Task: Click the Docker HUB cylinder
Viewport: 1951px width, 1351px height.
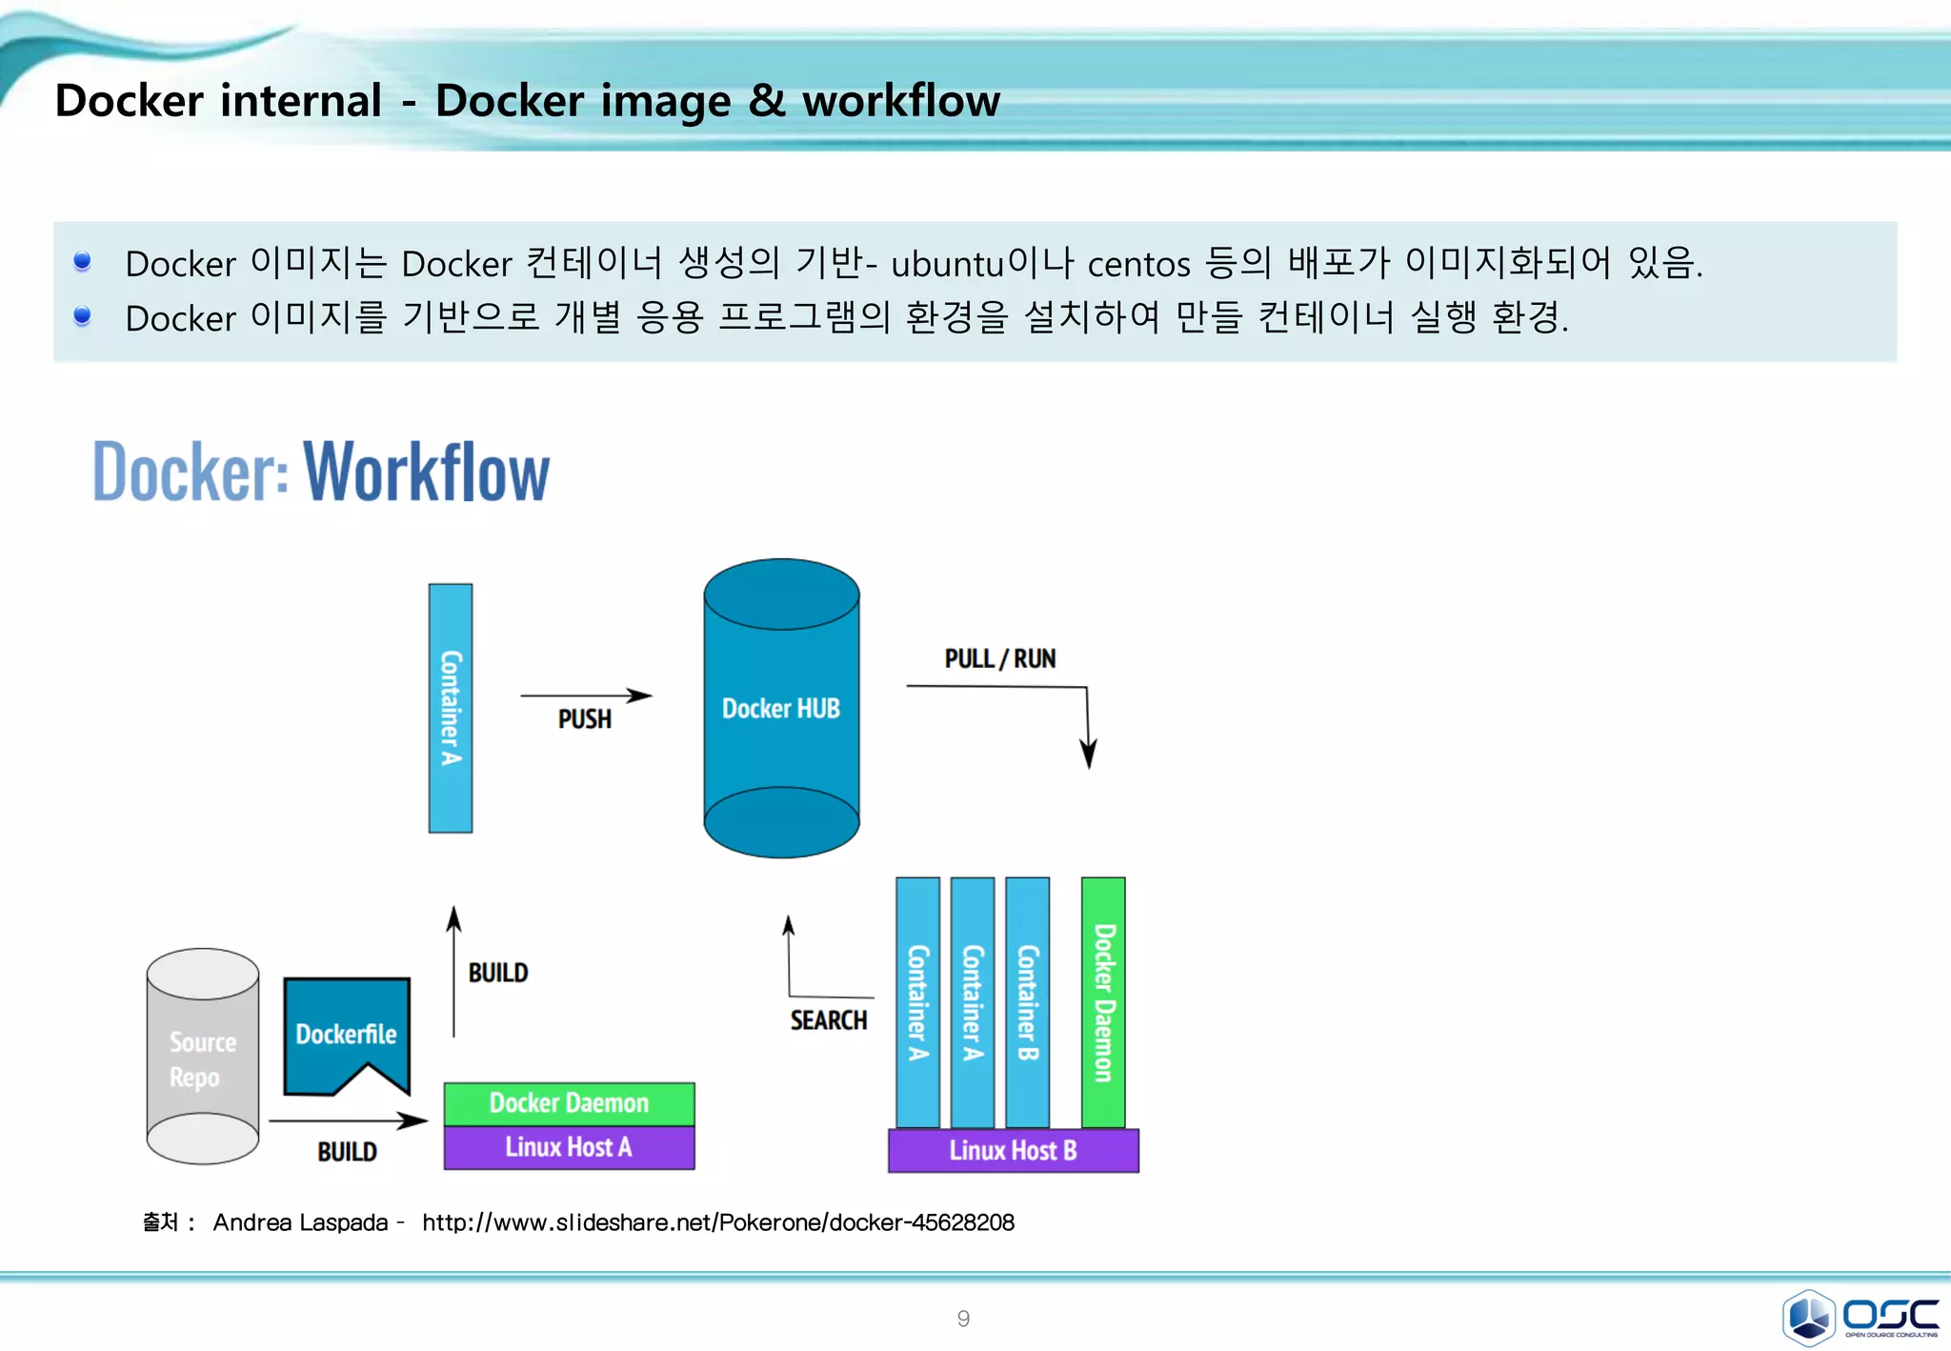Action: pyautogui.click(x=781, y=708)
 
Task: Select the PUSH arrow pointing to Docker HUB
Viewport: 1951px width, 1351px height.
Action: pyautogui.click(x=585, y=696)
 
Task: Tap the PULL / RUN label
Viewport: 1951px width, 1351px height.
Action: pyautogui.click(x=999, y=658)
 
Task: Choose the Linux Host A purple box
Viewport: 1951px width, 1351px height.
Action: pyautogui.click(x=569, y=1147)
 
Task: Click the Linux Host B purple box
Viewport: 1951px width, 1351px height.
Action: pyautogui.click(x=1013, y=1150)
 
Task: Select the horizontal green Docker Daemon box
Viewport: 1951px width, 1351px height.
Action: pyautogui.click(x=569, y=1103)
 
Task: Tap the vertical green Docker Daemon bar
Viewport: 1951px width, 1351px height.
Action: pyautogui.click(x=1103, y=1002)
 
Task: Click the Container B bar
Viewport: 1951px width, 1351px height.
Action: pyautogui.click(x=1028, y=1002)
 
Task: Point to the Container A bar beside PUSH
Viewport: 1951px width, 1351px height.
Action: pyautogui.click(x=451, y=708)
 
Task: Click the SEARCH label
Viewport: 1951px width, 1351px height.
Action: pyautogui.click(x=828, y=1020)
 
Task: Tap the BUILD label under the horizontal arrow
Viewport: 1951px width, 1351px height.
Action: pyautogui.click(x=347, y=1152)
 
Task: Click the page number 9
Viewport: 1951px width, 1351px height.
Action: pyautogui.click(x=963, y=1319)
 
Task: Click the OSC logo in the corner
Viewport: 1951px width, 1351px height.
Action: pyautogui.click(x=1860, y=1317)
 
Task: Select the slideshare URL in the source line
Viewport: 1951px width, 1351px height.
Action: pyautogui.click(x=718, y=1222)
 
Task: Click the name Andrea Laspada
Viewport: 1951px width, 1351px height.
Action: pyautogui.click(x=300, y=1222)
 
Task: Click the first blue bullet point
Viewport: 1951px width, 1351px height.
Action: pyautogui.click(x=83, y=261)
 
